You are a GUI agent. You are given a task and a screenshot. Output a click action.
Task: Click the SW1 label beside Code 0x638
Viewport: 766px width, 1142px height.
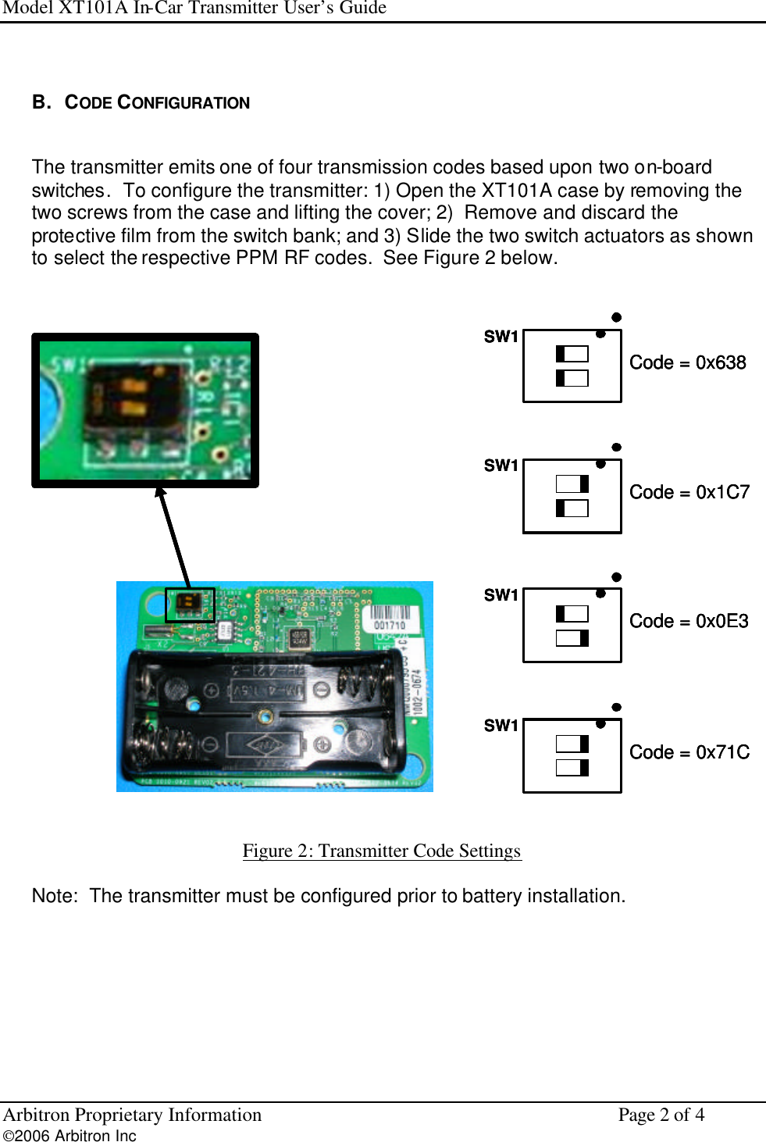click(501, 337)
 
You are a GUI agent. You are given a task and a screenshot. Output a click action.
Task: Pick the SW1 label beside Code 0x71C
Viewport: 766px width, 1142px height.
click(501, 726)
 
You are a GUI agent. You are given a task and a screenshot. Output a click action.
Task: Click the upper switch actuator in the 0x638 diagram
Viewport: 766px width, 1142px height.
click(561, 354)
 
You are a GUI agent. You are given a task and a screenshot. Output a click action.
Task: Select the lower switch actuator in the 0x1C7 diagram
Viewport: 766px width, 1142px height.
click(561, 509)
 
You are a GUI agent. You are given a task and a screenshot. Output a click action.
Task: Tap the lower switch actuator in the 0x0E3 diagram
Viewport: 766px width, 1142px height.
click(584, 638)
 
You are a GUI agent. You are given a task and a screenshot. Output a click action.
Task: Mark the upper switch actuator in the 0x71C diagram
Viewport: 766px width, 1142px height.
click(584, 744)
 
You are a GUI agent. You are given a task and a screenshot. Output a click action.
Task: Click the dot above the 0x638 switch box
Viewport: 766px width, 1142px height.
click(616, 317)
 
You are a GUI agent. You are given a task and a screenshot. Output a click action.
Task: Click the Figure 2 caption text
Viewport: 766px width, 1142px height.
click(381, 851)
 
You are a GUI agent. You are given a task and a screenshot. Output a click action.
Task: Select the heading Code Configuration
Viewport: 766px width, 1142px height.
click(156, 103)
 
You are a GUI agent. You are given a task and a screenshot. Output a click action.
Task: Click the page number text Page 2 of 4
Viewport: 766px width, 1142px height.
click(661, 1115)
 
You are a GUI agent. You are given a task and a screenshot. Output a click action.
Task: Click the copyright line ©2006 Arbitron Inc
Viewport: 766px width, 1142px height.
click(69, 1136)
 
